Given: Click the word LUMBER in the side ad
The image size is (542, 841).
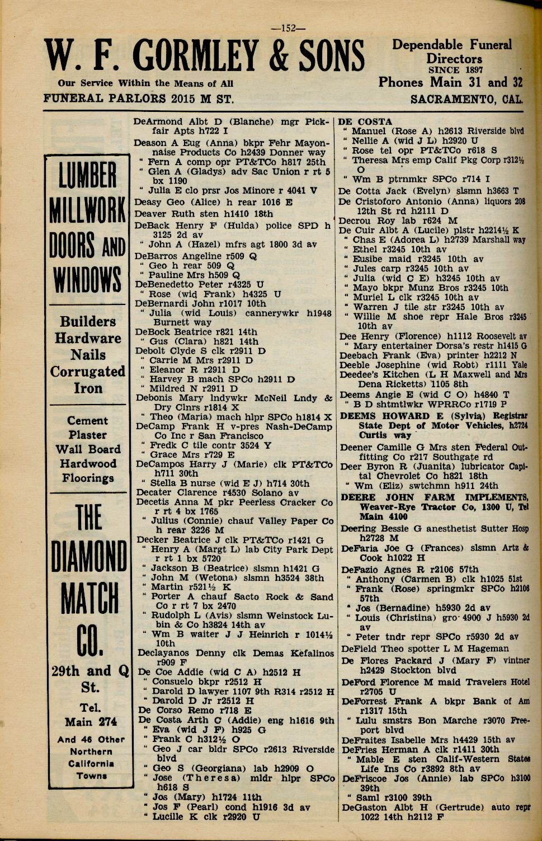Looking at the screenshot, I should point(88,176).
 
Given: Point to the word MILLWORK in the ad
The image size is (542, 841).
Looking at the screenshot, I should point(88,210).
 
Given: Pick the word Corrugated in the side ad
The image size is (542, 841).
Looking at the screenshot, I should point(88,372).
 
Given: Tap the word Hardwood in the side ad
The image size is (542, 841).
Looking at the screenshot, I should point(88,463).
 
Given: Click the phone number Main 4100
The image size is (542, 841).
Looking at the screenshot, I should point(383,516).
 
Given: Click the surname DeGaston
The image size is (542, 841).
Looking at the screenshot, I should point(364,807).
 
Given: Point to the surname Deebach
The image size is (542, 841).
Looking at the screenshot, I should point(359,355).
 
